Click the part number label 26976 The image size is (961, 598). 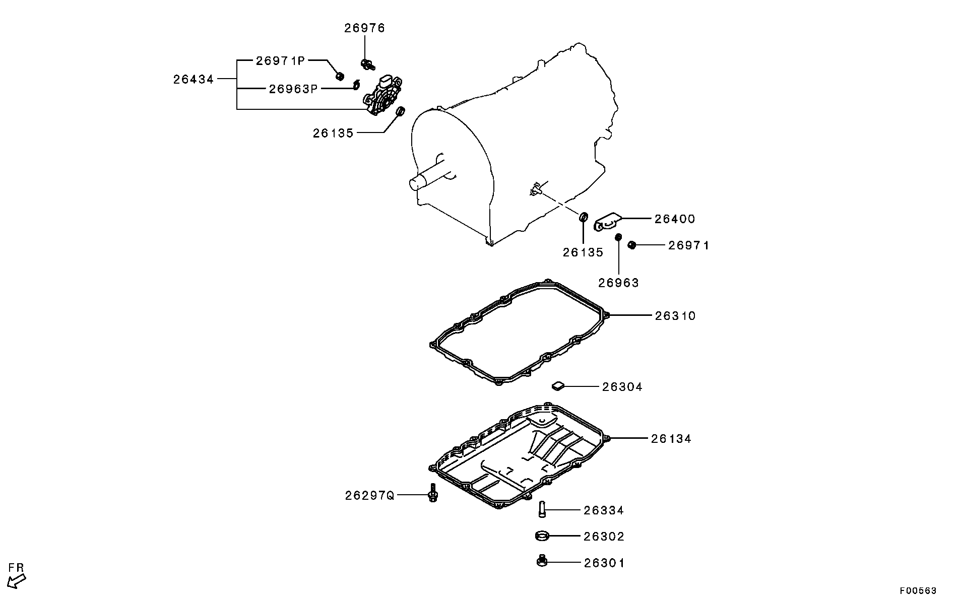point(364,28)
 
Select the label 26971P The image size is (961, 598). point(281,61)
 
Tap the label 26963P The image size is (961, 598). point(293,89)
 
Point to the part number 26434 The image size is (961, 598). point(194,79)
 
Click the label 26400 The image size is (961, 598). point(675,219)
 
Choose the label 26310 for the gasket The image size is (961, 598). point(675,316)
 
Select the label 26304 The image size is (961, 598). point(622,387)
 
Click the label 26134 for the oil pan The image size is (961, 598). point(671,439)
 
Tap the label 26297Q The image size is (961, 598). point(370,496)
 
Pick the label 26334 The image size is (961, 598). point(604,510)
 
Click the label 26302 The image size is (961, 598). point(604,537)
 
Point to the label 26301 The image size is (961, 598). point(604,563)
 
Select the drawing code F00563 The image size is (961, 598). point(919,590)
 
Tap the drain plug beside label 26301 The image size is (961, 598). point(542,560)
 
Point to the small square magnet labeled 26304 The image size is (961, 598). point(557,386)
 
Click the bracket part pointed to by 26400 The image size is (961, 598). point(607,222)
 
